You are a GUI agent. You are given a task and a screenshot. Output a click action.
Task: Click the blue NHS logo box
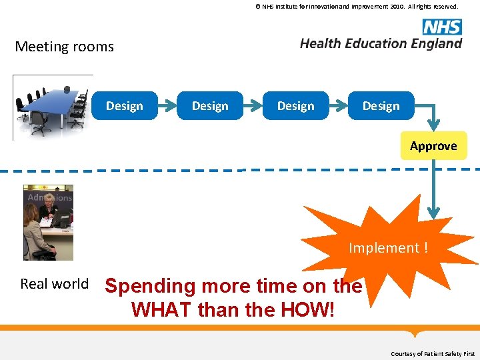click(x=441, y=27)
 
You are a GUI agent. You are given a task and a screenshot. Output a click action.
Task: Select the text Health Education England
click(x=381, y=43)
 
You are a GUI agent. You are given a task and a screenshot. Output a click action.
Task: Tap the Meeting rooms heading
click(x=65, y=47)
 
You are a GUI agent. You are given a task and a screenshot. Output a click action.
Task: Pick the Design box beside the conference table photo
click(x=125, y=106)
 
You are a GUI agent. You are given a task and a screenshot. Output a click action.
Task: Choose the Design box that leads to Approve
click(x=381, y=106)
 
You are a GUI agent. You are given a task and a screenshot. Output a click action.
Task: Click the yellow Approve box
click(x=433, y=146)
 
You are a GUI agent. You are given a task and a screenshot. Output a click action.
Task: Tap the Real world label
click(x=55, y=284)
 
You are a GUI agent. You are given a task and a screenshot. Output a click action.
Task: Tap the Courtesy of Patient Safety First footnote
click(x=433, y=353)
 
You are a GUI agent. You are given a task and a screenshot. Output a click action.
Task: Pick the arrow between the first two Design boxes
click(x=167, y=106)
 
